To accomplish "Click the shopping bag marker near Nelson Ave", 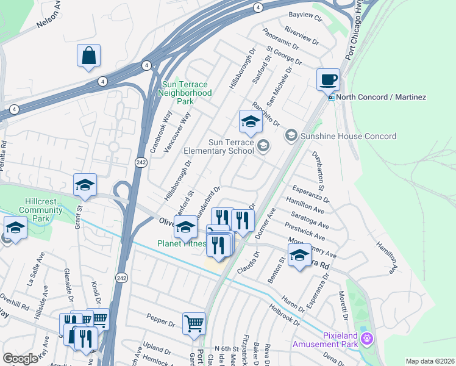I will [x=88, y=56].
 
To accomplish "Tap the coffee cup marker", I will [x=329, y=79].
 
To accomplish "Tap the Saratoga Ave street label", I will [x=310, y=217].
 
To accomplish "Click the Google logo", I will [x=20, y=359].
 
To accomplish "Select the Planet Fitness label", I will [x=181, y=243].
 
